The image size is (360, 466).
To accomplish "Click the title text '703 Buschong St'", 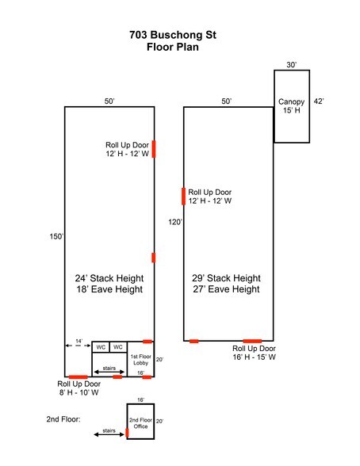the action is tap(173, 35).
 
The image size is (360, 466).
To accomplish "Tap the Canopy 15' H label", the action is tap(291, 106).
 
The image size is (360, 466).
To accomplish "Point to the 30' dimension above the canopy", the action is tap(291, 64).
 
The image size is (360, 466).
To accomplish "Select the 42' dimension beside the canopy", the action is tap(319, 101).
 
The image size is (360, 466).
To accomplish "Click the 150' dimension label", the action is tap(56, 236).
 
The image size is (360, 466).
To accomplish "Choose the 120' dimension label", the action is tap(175, 222).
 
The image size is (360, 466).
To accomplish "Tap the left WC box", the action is tap(101, 347).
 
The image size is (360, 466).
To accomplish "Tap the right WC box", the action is tap(118, 347).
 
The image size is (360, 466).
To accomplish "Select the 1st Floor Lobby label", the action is tap(140, 359).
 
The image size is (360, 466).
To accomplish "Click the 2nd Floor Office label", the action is tap(140, 423).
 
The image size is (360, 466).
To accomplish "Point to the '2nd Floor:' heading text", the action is tap(63, 419).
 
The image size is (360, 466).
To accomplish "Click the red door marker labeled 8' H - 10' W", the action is tap(79, 377).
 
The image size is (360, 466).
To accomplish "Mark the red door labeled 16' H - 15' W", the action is tap(252, 341).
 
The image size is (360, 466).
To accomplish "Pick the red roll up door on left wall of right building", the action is tap(183, 197).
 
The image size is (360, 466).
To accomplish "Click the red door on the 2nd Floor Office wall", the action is tap(127, 433).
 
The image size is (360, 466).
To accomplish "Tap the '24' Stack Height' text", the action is tap(109, 278).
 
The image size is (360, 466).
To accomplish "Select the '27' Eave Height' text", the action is tap(226, 288).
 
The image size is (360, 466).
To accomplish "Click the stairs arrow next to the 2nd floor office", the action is tap(109, 434).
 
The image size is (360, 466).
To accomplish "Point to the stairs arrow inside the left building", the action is tap(109, 372).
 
